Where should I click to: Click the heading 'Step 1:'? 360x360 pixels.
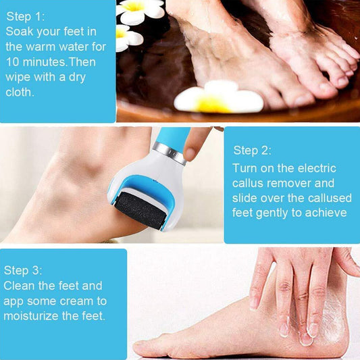26,15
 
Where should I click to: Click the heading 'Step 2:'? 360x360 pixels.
252,150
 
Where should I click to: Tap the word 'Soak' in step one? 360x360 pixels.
20,31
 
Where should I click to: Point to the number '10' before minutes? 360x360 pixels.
13,61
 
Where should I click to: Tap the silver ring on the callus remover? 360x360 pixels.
170,151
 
